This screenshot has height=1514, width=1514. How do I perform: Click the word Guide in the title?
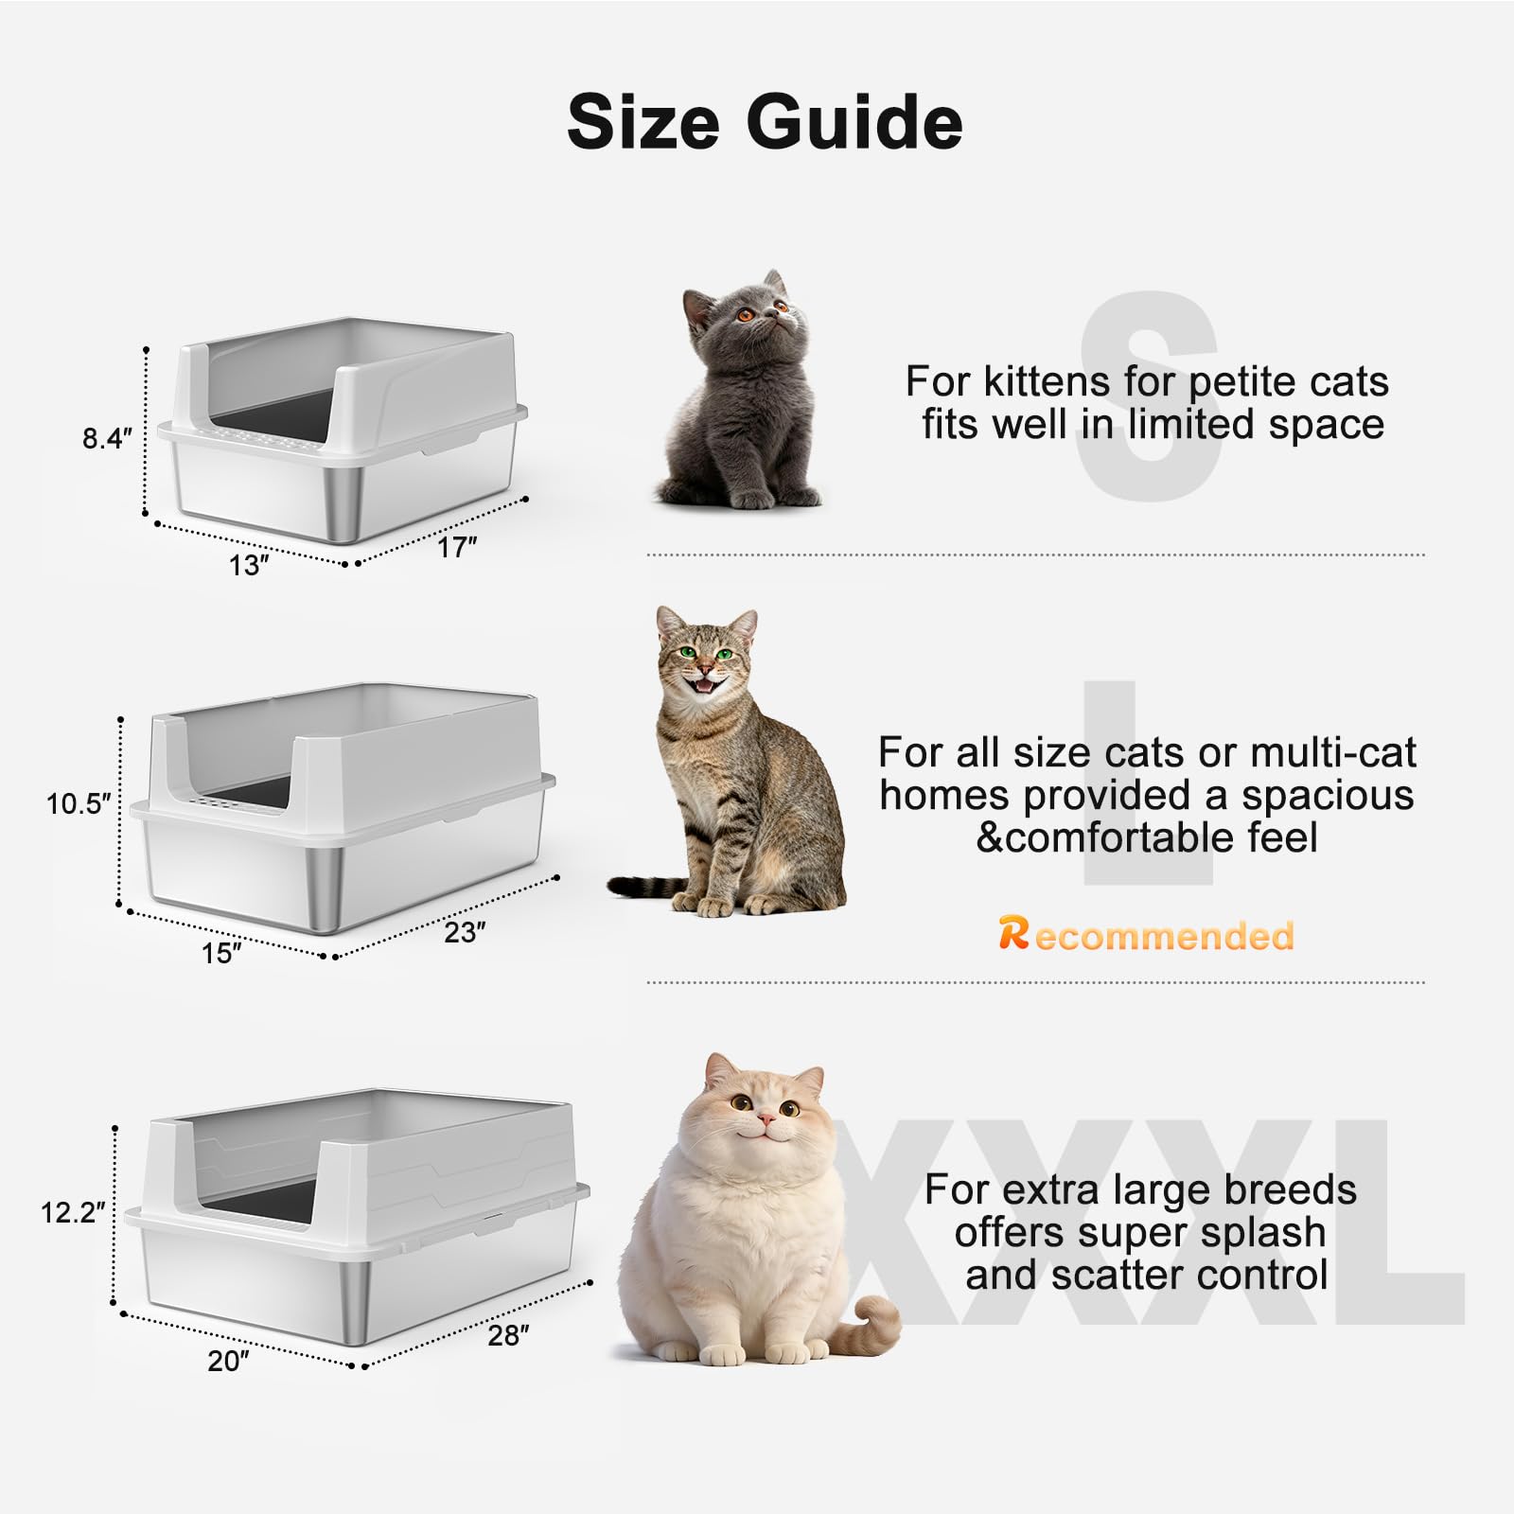pos(854,122)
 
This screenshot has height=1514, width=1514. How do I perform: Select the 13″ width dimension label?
pos(250,565)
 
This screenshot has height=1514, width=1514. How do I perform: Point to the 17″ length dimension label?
pos(457,547)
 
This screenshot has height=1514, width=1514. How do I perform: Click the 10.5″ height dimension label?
pos(79,803)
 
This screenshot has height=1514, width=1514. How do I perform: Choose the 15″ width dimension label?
pos(222,953)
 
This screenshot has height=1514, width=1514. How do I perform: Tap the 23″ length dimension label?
pos(466,932)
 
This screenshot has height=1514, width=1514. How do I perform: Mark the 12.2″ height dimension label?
pos(73,1212)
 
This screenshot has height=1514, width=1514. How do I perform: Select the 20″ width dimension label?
pos(229,1361)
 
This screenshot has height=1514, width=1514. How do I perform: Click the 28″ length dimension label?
pos(509,1335)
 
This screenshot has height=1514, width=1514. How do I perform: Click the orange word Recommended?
pos(1146,935)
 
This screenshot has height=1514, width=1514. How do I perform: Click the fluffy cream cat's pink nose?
pos(766,1120)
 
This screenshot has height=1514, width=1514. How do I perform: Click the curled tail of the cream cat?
pos(874,1321)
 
